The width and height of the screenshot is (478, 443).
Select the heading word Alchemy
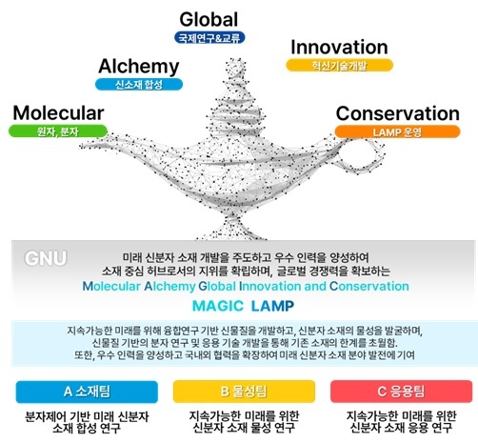pos(139,66)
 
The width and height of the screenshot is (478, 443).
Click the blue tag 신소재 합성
pos(139,86)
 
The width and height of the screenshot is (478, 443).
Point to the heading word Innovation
pos(339,47)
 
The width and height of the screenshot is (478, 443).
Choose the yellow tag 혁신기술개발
pos(340,66)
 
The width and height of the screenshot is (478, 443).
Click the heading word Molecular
pos(58,112)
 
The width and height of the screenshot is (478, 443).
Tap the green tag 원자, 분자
pos(58,131)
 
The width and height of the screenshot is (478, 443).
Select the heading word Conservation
pos(404,111)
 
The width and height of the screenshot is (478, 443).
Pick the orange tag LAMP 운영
pos(404,130)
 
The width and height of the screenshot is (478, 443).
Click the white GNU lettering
pos(45,257)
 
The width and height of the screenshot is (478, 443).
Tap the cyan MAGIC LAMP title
pos(238,306)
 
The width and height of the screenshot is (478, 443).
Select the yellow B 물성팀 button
pos(238,392)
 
